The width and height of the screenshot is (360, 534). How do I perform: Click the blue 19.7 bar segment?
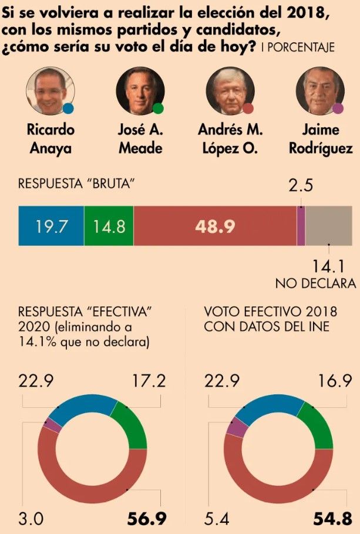(51, 226)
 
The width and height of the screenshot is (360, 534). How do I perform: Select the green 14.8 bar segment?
(109, 226)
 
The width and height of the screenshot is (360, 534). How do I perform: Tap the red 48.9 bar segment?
(215, 226)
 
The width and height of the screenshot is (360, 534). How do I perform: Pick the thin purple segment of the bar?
(301, 226)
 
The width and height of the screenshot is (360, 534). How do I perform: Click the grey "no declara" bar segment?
(329, 226)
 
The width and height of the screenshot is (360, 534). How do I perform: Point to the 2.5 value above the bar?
(301, 185)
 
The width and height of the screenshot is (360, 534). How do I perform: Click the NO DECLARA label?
(316, 283)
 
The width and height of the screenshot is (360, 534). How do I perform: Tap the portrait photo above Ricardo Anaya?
(50, 90)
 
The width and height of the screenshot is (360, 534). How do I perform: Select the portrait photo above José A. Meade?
(140, 90)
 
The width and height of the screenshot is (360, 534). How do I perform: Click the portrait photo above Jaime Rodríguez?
(320, 90)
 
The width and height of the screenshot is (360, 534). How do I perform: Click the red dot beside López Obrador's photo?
(248, 109)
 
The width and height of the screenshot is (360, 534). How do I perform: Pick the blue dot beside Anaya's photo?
(68, 109)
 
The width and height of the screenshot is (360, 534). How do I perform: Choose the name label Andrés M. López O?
(230, 138)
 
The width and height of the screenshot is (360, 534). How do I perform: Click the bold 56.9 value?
(147, 519)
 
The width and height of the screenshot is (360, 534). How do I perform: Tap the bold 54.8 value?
(332, 519)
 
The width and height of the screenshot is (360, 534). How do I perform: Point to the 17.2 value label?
(149, 381)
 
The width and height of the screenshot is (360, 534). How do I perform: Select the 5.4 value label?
(217, 519)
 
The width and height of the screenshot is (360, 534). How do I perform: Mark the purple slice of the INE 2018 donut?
(237, 427)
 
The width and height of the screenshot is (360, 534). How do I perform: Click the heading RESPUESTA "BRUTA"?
(76, 184)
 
